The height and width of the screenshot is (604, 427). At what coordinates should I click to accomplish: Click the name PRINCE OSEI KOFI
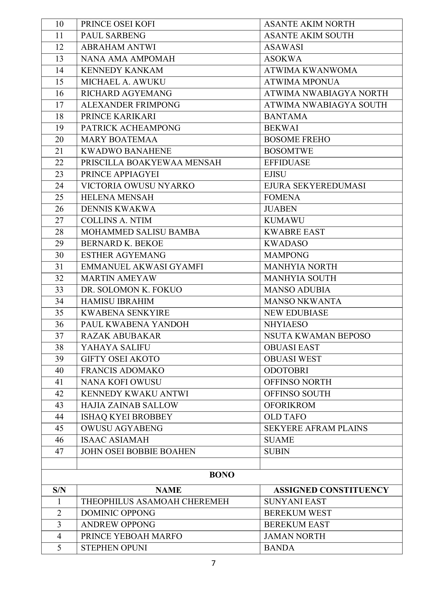[x=118, y=24]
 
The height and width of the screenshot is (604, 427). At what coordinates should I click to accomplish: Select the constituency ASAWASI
[x=284, y=47]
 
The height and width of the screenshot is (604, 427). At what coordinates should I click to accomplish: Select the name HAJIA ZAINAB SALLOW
[x=129, y=405]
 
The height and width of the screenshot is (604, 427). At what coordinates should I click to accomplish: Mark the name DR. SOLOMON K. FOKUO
[x=131, y=290]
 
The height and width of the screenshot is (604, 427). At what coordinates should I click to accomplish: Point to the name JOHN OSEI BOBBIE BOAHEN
[x=138, y=451]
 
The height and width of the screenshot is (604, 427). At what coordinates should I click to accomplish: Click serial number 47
[x=59, y=451]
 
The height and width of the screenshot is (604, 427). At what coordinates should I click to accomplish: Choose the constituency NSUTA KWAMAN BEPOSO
[x=317, y=336]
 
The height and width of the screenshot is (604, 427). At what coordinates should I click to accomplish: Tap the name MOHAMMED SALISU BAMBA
[x=140, y=232]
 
